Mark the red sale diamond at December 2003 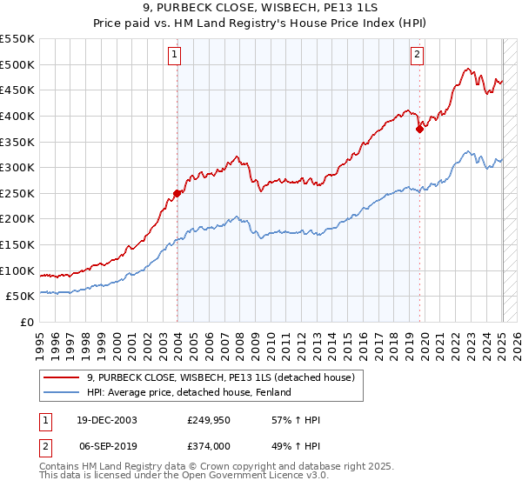(x=177, y=194)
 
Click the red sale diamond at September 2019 (x=419, y=130)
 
